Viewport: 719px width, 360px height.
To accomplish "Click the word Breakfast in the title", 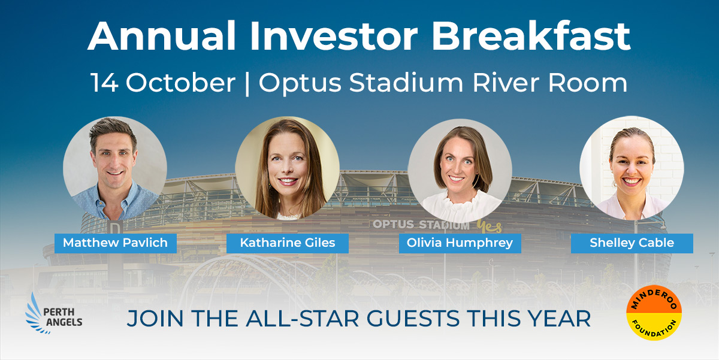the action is coord(531,36).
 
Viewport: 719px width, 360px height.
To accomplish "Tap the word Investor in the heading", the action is coord(334,36).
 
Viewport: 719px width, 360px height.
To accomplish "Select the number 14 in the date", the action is coord(104,83).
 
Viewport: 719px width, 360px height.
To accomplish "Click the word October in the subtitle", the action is coord(181,83).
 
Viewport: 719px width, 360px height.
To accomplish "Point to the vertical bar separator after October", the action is coord(247,84).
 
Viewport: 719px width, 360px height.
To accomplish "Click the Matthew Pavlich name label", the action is coord(116,243).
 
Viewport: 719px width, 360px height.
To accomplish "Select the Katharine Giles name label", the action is coord(288,243).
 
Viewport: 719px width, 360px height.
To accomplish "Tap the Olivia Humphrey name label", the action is coord(460,243).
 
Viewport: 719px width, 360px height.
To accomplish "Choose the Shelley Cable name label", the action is coord(632,243).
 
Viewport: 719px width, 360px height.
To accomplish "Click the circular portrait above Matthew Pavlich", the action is coord(115,168).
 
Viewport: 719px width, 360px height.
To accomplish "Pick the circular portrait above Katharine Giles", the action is coord(287,168).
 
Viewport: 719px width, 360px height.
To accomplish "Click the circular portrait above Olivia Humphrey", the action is coord(460,171).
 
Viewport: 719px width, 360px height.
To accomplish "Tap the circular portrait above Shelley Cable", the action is coord(632,168).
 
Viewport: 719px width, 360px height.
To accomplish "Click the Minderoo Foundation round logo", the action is coord(654,313).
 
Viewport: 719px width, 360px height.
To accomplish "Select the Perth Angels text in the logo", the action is coord(63,317).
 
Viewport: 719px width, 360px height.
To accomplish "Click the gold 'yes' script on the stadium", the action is coord(489,226).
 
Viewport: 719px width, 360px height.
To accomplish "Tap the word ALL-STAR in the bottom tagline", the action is coord(303,319).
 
